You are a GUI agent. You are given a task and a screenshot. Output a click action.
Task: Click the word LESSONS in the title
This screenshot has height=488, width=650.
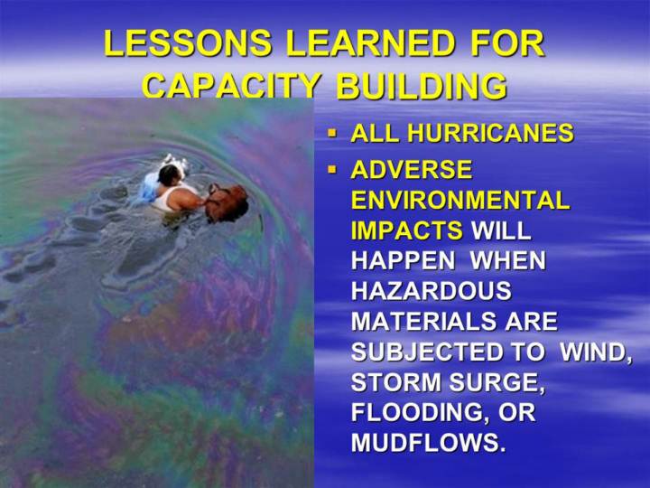(x=188, y=42)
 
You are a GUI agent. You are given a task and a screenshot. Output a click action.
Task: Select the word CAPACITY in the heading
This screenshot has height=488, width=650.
(x=231, y=86)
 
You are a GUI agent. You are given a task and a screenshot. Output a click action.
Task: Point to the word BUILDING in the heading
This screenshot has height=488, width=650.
(x=422, y=86)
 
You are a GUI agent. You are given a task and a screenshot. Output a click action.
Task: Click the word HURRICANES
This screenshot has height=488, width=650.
(x=490, y=133)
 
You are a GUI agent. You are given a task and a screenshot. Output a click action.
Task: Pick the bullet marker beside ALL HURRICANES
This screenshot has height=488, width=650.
(x=331, y=134)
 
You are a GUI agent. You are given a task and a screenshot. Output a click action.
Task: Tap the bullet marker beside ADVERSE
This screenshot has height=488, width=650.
(x=331, y=169)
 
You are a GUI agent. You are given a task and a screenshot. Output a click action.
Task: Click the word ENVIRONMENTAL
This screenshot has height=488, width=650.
(x=460, y=200)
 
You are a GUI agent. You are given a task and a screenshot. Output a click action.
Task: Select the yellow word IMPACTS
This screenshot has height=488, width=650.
(x=406, y=230)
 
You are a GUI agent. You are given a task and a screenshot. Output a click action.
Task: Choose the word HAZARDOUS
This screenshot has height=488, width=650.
(x=432, y=290)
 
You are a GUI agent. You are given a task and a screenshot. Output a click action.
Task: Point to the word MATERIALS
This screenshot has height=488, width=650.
(x=423, y=321)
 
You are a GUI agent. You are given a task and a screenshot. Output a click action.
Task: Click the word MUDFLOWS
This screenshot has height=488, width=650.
(x=429, y=443)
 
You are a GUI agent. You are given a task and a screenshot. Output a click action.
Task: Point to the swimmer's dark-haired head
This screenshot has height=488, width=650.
(x=170, y=174)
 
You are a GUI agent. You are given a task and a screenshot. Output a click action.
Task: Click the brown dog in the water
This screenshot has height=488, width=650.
(x=227, y=202)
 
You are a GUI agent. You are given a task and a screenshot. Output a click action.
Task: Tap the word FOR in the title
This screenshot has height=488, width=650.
(x=506, y=42)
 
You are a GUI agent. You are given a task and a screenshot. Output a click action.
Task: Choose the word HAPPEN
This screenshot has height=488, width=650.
(x=403, y=260)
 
